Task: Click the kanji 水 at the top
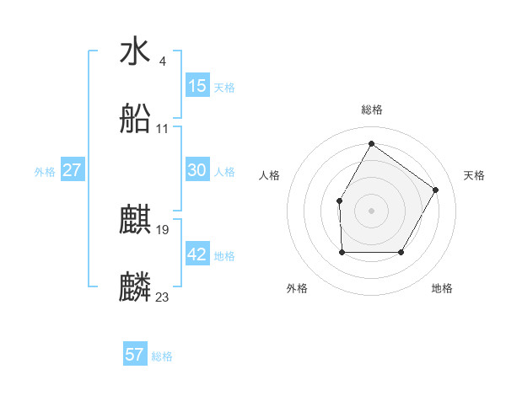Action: coord(136,51)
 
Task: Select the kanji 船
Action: coord(136,120)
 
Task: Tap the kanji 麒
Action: coord(136,221)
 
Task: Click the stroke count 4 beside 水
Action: coord(162,61)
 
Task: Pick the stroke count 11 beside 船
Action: coord(163,129)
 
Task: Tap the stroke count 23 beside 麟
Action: coord(163,297)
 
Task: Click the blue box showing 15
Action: coord(197,86)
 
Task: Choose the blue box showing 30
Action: coord(197,170)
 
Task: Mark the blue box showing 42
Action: coord(197,254)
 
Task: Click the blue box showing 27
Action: coord(73,170)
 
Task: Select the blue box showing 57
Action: coord(135,355)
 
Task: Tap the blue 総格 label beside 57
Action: coord(162,356)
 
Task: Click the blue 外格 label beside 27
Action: coord(45,172)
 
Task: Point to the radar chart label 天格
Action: coord(474,175)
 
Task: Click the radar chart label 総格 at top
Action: coord(372,110)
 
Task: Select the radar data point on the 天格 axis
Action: coord(436,190)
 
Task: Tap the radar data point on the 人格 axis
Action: coord(339,201)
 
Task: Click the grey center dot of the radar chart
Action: coord(371,210)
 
